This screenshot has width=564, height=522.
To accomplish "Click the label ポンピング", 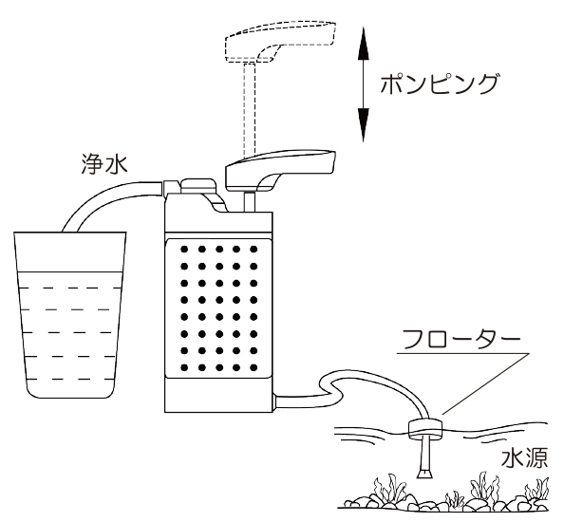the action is pyautogui.click(x=440, y=84).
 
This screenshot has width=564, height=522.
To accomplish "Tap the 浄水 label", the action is pyautogui.click(x=104, y=164).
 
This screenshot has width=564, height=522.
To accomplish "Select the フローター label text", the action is pyautogui.click(x=461, y=339).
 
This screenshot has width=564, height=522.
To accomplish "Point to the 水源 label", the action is pyautogui.click(x=525, y=457).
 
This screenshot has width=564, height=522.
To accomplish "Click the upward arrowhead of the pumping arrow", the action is pyautogui.click(x=364, y=43).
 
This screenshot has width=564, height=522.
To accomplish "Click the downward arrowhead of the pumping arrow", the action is pyautogui.click(x=364, y=124).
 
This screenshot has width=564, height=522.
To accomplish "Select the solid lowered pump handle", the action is pyautogui.click(x=280, y=169).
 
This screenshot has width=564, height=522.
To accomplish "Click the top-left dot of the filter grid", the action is pyautogui.click(x=184, y=249).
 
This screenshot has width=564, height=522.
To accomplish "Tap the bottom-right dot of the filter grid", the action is pyautogui.click(x=254, y=367).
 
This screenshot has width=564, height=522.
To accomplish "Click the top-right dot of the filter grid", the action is pyautogui.click(x=254, y=249).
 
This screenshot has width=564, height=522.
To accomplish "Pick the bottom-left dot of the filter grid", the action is pyautogui.click(x=184, y=367).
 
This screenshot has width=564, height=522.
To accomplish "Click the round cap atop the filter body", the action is pyautogui.click(x=198, y=185).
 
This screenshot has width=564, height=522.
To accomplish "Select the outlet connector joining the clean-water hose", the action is pyautogui.click(x=171, y=188).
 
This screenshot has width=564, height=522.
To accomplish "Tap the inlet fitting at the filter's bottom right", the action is pyautogui.click(x=274, y=401).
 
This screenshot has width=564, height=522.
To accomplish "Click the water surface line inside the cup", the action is pyautogui.click(x=70, y=271).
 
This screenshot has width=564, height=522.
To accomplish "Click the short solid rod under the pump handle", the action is pyautogui.click(x=250, y=202).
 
